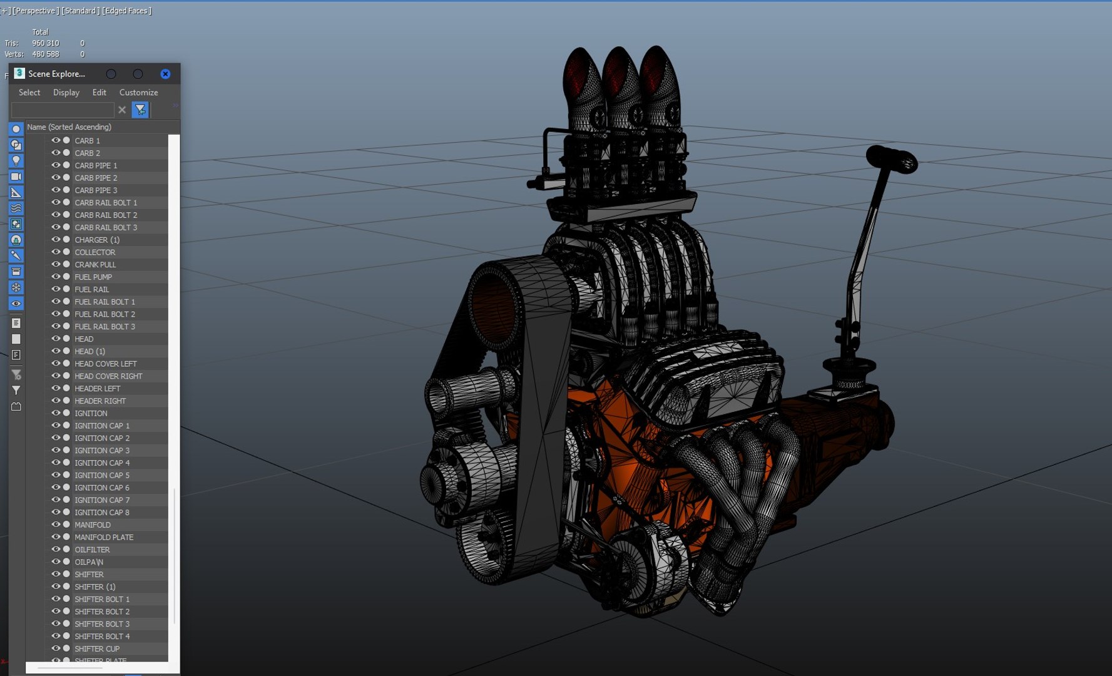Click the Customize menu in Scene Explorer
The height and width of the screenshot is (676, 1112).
(x=138, y=92)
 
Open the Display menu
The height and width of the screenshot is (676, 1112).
(x=66, y=92)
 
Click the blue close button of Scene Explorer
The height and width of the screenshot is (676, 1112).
(x=165, y=74)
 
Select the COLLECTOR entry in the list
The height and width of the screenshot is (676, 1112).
(x=94, y=252)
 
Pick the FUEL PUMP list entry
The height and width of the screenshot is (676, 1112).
(x=93, y=277)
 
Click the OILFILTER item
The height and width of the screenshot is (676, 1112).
(x=92, y=550)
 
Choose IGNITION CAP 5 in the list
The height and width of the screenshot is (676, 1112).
(x=101, y=475)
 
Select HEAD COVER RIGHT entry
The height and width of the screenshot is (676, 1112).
(x=108, y=376)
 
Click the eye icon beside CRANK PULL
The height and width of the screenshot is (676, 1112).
(x=56, y=264)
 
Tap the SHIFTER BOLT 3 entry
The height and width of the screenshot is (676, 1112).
(x=101, y=624)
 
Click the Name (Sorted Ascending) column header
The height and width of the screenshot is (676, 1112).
(x=69, y=127)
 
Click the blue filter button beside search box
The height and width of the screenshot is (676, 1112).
(x=140, y=110)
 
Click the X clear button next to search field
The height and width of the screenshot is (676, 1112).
(x=122, y=110)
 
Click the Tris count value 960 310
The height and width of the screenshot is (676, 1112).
(x=45, y=43)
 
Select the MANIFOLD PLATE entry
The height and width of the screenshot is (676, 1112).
(x=104, y=537)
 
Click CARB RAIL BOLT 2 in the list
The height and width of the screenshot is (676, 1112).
(x=105, y=215)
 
